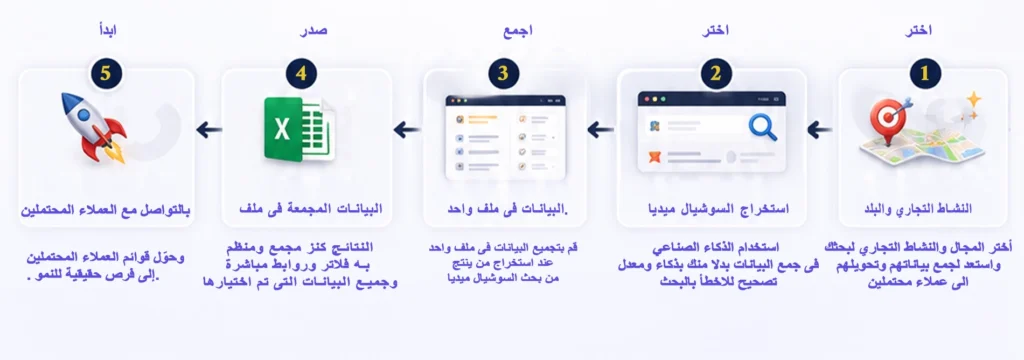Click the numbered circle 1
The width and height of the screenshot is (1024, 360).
click(924, 73)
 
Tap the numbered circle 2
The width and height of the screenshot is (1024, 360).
click(716, 73)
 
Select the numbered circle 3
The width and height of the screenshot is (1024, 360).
click(503, 73)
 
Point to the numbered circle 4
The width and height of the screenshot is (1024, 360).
click(301, 73)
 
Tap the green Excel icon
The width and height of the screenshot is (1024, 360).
click(299, 129)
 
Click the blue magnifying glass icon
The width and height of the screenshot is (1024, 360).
click(762, 127)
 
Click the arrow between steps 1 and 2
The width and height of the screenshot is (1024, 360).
click(820, 130)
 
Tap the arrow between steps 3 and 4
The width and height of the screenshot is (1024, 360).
click(406, 129)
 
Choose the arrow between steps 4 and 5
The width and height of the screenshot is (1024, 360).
click(209, 129)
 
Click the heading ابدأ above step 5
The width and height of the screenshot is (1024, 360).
click(106, 30)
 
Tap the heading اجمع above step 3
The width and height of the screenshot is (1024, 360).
click(518, 31)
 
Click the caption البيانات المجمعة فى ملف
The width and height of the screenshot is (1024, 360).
click(311, 208)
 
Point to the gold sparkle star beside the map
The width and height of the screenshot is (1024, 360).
click(974, 99)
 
